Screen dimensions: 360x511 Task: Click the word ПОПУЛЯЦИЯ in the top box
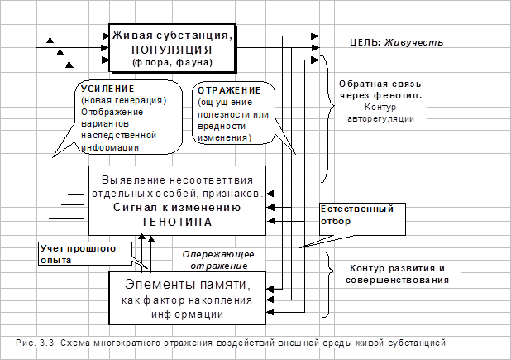pyautogui.click(x=171, y=49)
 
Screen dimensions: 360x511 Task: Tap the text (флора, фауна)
pyautogui.click(x=171, y=61)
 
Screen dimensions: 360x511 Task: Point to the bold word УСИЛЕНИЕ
pyautogui.click(x=105, y=89)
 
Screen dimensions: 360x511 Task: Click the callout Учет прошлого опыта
pyautogui.click(x=78, y=253)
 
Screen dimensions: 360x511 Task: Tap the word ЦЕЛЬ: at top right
pyautogui.click(x=360, y=41)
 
